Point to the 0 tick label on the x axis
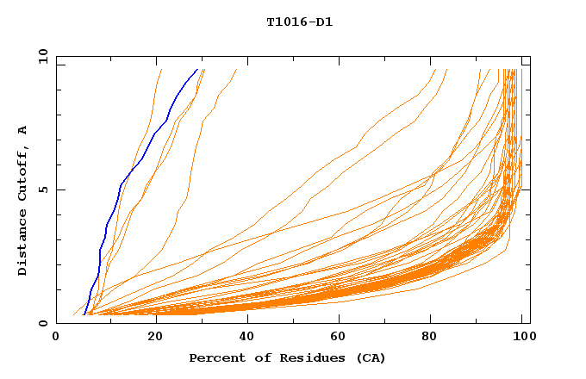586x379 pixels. point(56,337)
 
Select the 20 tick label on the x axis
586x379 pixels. point(155,337)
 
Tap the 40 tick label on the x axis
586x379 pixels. point(249,337)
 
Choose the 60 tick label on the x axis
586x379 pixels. point(343,337)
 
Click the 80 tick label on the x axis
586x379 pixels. point(437,337)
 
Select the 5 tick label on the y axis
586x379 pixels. point(43,189)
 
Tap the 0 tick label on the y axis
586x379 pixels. point(43,323)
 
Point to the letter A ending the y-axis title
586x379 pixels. point(22,130)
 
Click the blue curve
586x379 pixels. point(121,184)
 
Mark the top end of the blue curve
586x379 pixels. point(197,69)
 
